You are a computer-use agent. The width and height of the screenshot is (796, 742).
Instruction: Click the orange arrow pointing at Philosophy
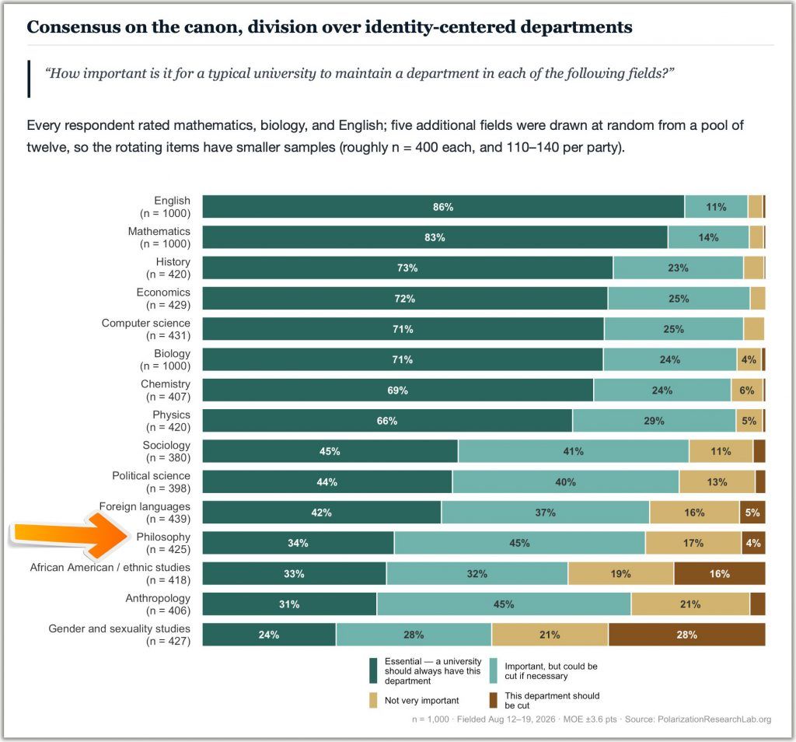[x=71, y=535]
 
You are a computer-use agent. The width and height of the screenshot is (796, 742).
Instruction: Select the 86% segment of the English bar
[x=443, y=207]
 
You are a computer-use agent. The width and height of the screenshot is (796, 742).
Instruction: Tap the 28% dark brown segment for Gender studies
[x=687, y=635]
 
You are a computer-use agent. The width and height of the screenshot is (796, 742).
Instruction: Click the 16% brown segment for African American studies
[x=720, y=573]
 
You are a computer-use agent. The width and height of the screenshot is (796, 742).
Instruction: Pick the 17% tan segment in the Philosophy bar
[x=693, y=543]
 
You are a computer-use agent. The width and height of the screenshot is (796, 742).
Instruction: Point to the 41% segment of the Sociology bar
[x=574, y=451]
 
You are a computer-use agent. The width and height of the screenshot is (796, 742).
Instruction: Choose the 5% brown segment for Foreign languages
[x=752, y=513]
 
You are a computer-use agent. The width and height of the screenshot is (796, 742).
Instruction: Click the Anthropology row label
[x=158, y=604]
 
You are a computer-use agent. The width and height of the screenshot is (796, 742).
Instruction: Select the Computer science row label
[x=146, y=329]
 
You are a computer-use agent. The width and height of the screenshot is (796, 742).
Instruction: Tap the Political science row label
[x=152, y=482]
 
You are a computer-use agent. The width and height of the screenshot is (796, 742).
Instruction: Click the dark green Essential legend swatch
[x=373, y=671]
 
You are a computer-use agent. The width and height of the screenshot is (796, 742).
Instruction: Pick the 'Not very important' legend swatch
[x=373, y=700]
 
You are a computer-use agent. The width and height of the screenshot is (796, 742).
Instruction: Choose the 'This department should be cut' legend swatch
[x=494, y=700]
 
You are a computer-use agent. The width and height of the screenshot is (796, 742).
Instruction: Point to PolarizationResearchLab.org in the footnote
[x=714, y=719]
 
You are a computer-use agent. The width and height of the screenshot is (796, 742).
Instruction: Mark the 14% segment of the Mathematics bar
[x=709, y=237]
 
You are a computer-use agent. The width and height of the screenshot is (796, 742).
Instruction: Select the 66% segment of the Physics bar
[x=387, y=421]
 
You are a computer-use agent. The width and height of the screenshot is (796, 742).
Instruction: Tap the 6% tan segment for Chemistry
[x=747, y=390]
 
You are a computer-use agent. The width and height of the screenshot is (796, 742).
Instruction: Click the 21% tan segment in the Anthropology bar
[x=690, y=604]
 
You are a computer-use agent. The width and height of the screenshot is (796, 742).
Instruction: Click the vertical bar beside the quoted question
[x=29, y=79]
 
